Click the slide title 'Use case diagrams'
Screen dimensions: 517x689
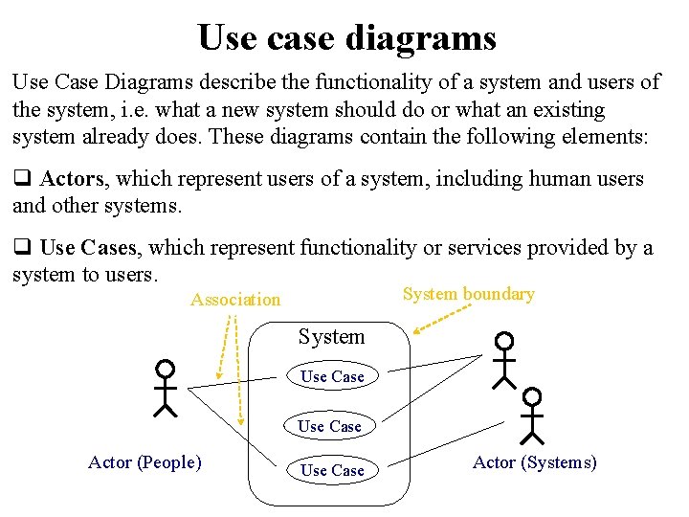(346, 37)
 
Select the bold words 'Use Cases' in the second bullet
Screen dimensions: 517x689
(89, 248)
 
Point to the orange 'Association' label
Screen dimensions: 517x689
(235, 300)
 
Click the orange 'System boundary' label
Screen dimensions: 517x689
(468, 294)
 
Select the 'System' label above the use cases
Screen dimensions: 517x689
(331, 337)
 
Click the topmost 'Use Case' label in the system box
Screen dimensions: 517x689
(332, 377)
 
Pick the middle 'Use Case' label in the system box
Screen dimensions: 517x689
(329, 426)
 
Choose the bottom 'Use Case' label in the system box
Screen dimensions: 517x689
(332, 470)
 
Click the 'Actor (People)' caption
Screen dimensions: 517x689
(144, 462)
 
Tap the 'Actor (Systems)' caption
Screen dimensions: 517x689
(535, 462)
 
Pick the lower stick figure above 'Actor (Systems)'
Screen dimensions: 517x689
(531, 416)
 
